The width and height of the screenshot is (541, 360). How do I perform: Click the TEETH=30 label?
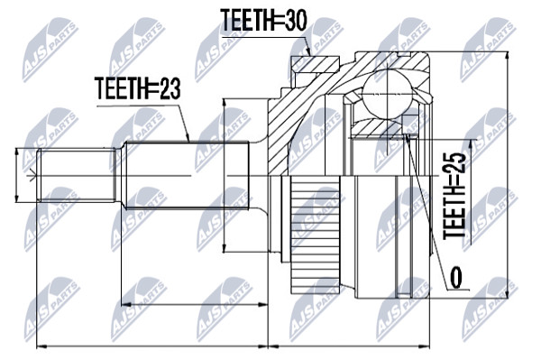(x=263, y=21)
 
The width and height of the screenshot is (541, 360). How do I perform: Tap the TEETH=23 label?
(x=137, y=88)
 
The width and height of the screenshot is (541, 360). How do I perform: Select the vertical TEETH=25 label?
(x=454, y=195)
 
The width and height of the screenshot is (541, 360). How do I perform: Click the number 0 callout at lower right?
(x=456, y=278)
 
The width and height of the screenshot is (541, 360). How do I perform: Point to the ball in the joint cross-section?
(x=388, y=93)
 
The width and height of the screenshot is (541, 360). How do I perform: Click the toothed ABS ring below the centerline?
(x=316, y=235)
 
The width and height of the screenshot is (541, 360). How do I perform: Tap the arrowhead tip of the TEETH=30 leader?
(x=311, y=56)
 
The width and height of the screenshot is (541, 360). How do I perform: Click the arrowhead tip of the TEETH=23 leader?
(x=189, y=141)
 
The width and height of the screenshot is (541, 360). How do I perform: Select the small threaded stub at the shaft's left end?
(x=76, y=175)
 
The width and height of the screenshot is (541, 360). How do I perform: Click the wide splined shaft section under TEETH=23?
(x=187, y=175)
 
